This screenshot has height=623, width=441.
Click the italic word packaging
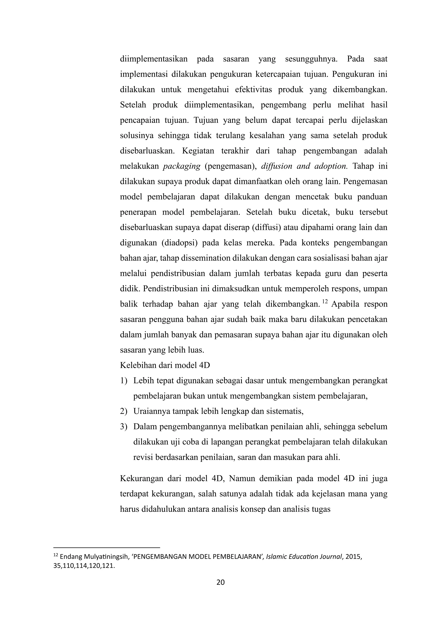[x=181, y=166]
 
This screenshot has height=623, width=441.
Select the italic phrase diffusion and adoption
[x=304, y=166]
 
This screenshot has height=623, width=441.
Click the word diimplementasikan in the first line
[x=154, y=59]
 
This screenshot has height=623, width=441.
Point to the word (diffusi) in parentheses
[x=266, y=227]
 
